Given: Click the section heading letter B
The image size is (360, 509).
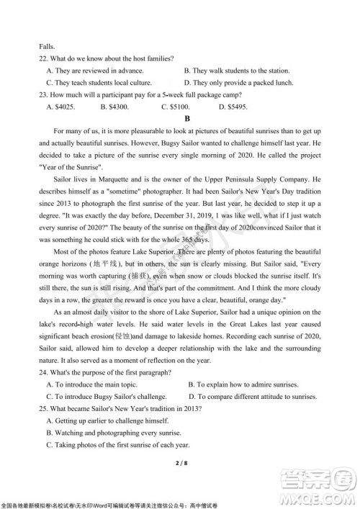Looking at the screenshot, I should [186, 118].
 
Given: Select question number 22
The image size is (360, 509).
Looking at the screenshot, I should [45, 58].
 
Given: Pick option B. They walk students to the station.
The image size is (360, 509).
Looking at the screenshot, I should [237, 71].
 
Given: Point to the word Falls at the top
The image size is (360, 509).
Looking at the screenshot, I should [48, 45].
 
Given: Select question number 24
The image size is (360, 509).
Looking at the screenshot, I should [45, 371].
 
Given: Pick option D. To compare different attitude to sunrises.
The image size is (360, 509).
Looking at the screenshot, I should [252, 396].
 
